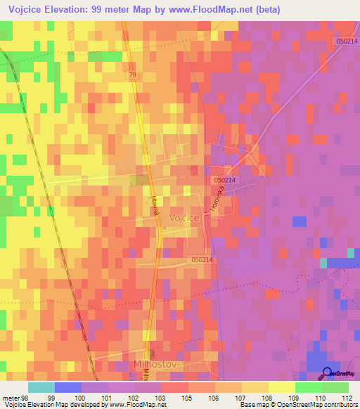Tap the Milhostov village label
point(155,364)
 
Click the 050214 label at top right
point(345,43)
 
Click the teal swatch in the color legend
point(41,387)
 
